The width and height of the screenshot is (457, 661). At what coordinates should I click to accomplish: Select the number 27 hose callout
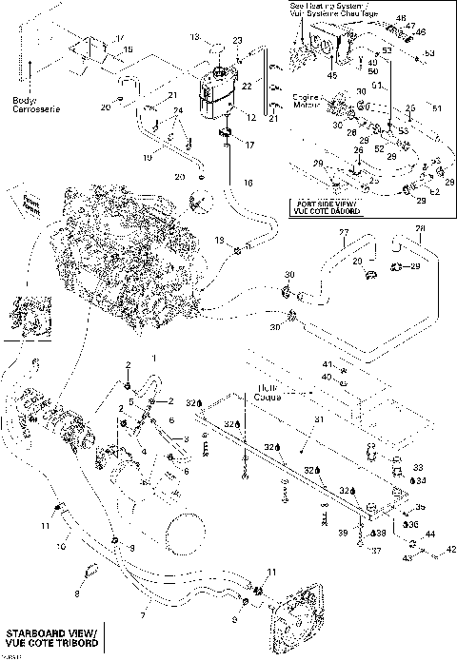tap(345, 233)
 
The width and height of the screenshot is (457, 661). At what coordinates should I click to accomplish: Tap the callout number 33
tap(416, 467)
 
